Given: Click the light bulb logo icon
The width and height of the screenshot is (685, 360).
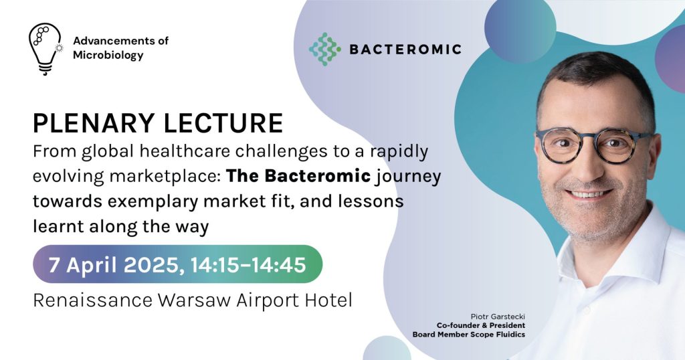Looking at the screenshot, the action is tap(45, 49).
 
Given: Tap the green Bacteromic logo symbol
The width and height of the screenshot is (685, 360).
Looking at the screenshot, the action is tap(324, 49).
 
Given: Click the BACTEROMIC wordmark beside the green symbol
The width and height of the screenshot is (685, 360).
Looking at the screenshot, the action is tap(405, 50).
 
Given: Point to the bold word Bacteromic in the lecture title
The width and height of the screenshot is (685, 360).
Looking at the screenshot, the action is tap(318, 175).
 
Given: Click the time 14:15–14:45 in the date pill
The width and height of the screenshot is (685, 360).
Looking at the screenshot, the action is tap(248, 265).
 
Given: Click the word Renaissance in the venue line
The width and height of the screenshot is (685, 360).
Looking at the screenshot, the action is tap(92, 300).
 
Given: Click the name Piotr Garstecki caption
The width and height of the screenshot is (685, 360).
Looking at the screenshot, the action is tap(498, 317).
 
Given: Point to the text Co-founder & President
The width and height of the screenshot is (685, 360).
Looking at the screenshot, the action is tap(480, 325).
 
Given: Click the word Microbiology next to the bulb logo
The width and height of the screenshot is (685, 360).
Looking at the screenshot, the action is tap(108, 56).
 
